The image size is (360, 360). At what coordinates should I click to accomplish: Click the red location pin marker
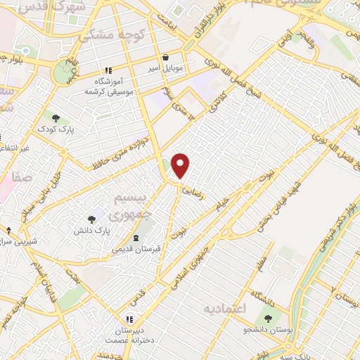181,165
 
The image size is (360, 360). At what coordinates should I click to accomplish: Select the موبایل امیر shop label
165,70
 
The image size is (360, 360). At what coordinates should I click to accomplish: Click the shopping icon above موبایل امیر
165,58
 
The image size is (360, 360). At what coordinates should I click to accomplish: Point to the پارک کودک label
56,129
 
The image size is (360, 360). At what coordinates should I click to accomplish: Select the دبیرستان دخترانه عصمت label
127,335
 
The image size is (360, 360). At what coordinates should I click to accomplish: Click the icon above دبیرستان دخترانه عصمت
127,319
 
